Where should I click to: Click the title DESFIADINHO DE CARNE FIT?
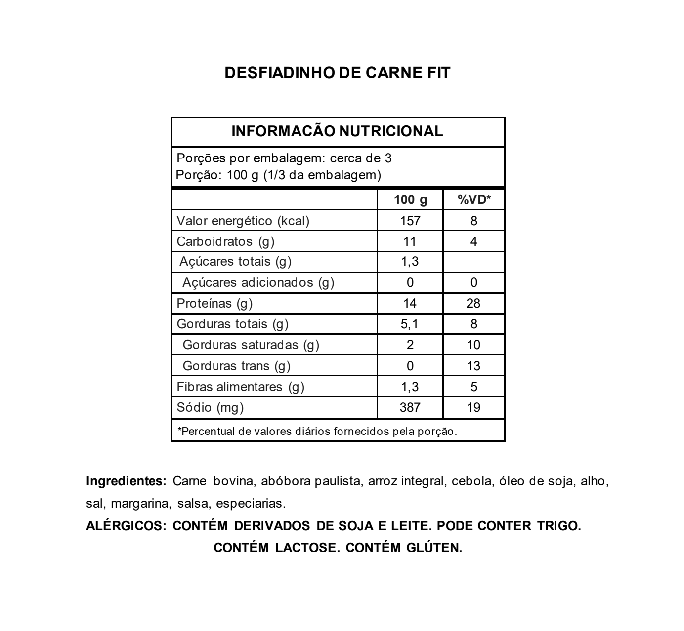(338, 73)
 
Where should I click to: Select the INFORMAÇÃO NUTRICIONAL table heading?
(338, 131)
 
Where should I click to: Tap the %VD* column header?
(474, 200)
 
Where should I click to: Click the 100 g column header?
(410, 200)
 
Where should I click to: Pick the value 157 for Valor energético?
(410, 221)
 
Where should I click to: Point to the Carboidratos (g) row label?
(225, 241)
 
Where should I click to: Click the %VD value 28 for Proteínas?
(473, 303)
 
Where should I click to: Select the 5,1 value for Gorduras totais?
(410, 324)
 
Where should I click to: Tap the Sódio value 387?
(410, 407)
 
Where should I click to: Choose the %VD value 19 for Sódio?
(473, 407)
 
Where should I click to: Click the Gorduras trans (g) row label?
(236, 366)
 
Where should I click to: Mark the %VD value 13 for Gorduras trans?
(473, 366)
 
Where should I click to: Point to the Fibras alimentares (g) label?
(240, 387)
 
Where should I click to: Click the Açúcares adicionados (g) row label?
(258, 282)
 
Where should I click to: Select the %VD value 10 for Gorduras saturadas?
(473, 345)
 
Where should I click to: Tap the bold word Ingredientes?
(126, 481)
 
